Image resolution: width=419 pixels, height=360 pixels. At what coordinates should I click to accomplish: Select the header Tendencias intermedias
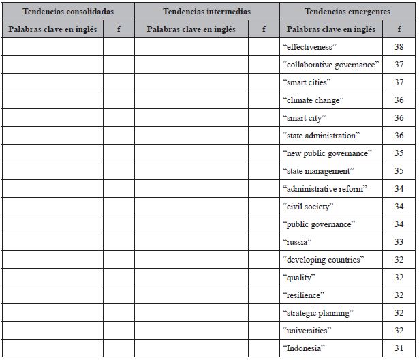point(207,12)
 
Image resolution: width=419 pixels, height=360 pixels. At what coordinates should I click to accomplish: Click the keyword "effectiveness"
point(310,47)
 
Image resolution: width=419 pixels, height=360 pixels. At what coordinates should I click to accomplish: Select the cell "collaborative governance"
point(330,65)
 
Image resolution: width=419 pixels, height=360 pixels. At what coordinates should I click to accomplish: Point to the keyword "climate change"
point(313,100)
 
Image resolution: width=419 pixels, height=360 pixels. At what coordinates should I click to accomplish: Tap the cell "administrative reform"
point(324,189)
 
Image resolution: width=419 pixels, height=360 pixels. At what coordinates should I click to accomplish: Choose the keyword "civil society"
point(308,207)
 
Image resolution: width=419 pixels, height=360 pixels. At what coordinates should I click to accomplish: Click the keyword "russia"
point(296,242)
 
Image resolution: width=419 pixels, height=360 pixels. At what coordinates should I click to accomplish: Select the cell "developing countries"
point(322,260)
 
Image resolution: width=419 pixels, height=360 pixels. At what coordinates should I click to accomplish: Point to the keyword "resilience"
point(303,295)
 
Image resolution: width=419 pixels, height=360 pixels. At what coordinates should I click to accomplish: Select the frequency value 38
point(399,47)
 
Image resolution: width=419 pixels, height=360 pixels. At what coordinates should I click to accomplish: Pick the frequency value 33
point(399,242)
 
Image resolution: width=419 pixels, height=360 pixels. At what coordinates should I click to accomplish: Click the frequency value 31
point(399,348)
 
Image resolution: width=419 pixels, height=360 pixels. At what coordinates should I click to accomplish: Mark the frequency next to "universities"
point(399,331)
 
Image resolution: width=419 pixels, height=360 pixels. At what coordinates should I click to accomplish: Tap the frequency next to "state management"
point(399,171)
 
